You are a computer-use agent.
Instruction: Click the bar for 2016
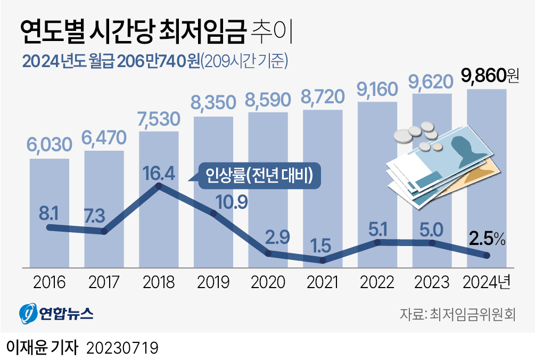click(x=49, y=213)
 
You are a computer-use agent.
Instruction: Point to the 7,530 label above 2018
click(x=159, y=118)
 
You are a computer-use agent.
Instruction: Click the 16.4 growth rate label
click(x=160, y=173)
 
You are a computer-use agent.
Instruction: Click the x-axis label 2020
click(x=268, y=282)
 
